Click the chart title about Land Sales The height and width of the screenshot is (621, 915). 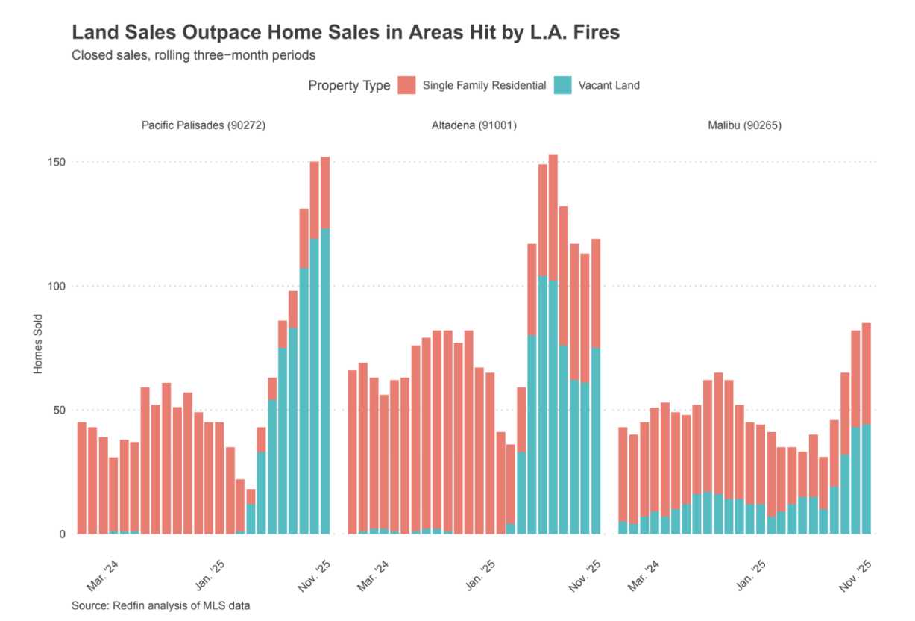click(345, 33)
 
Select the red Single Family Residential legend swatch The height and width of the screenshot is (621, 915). click(406, 85)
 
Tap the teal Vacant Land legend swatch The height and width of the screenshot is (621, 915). click(562, 85)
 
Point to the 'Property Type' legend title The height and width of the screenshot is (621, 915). click(349, 86)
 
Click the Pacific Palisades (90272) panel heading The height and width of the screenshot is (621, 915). click(204, 125)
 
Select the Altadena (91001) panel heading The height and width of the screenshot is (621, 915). click(474, 125)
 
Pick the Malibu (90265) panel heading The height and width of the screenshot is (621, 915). click(744, 125)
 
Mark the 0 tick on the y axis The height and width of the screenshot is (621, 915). click(63, 534)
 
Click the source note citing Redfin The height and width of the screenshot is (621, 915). click(160, 605)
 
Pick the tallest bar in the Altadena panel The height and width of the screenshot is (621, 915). click(553, 343)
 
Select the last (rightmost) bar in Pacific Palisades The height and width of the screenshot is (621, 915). click(325, 343)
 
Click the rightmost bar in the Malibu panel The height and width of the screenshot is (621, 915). click(866, 429)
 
